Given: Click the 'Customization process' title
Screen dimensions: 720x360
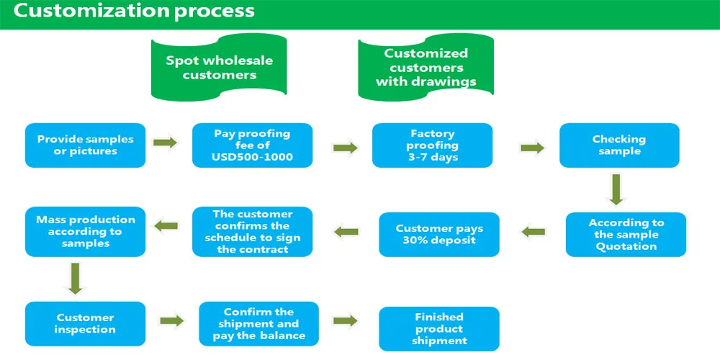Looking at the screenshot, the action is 134,10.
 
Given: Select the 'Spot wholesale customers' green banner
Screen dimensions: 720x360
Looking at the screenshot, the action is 219,67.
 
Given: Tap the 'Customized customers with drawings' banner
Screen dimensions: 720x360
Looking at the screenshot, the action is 426,67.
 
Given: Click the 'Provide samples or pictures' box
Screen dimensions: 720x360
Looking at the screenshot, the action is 86,145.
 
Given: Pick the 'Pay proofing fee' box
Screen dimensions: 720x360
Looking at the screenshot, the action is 252,145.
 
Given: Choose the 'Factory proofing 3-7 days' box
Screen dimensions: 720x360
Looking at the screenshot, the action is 432,145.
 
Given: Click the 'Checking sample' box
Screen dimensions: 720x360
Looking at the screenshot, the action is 619,145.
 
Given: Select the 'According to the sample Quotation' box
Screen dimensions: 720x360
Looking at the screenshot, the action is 626,234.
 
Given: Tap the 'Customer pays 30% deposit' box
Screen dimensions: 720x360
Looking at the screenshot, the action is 439,234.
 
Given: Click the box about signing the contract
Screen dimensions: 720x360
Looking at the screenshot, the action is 252,231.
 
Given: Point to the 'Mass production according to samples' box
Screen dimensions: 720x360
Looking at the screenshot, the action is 86,231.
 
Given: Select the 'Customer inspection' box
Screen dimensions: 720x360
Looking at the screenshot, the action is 86,324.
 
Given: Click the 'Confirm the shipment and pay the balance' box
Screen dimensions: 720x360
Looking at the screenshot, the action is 259,324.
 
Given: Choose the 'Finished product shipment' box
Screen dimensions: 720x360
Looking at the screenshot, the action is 439,329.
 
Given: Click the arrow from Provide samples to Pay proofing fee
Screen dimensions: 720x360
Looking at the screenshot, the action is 166,143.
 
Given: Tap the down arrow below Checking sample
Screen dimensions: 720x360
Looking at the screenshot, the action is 616,188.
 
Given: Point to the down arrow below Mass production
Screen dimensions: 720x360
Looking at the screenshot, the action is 76,278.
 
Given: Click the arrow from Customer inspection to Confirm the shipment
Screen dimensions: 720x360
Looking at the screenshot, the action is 172,320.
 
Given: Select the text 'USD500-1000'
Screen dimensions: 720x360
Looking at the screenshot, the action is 252,157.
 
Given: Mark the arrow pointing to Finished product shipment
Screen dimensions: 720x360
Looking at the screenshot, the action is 346,320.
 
